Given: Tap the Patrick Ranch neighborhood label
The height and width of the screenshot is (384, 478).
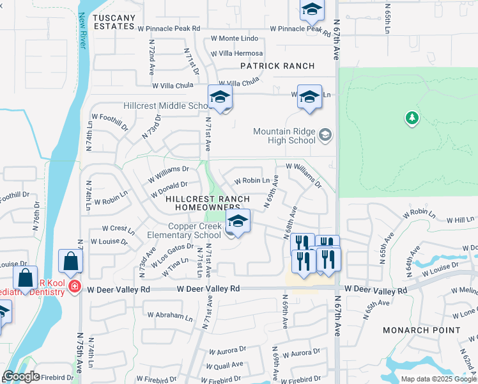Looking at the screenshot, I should (277, 66).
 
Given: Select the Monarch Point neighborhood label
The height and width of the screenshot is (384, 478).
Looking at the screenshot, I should (421, 330).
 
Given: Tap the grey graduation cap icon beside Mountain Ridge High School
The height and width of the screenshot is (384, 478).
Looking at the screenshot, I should (326, 134).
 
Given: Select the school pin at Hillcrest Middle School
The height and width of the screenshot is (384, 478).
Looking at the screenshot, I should (220, 98).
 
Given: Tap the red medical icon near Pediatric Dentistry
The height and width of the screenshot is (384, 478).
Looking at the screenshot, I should (75, 285).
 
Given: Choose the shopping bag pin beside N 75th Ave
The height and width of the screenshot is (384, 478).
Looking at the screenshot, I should (70, 261).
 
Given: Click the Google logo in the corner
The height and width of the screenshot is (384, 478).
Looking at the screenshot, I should (21, 376).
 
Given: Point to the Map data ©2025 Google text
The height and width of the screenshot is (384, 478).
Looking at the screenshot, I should (439, 379).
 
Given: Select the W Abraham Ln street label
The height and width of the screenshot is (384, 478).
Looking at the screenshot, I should (169, 316).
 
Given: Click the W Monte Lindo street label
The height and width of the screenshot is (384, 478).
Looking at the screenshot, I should (235, 38).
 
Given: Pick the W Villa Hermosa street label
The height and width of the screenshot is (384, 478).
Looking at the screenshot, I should (240, 53).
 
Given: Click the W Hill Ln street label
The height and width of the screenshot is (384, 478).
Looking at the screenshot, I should (460, 220).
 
